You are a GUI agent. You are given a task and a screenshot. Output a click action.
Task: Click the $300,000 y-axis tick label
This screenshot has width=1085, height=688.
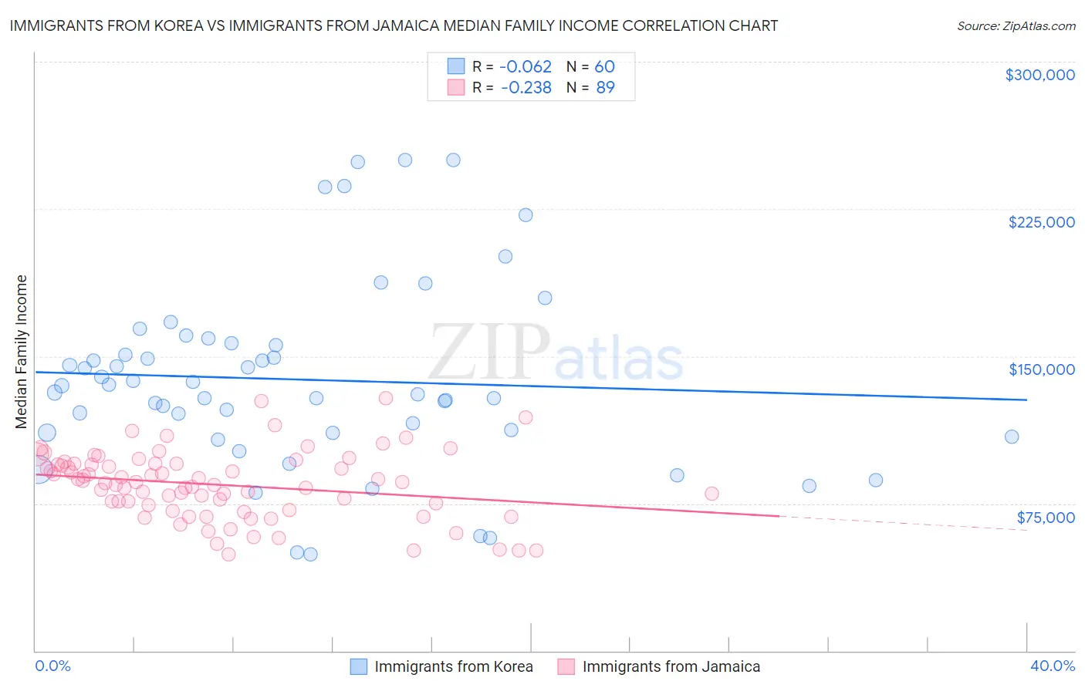pyautogui.click(x=1039, y=75)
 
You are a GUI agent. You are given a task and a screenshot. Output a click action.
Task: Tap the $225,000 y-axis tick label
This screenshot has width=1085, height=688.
pyautogui.click(x=1041, y=222)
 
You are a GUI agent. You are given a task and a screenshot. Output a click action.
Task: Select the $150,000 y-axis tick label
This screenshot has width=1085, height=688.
pyautogui.click(x=1041, y=369)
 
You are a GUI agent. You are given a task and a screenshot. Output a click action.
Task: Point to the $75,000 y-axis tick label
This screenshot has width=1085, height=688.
pyautogui.click(x=1046, y=518)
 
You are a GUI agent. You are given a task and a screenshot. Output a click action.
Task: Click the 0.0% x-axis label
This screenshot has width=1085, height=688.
pyautogui.click(x=52, y=666)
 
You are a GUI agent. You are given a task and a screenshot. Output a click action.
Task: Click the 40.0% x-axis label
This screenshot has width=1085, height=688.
pyautogui.click(x=1052, y=666)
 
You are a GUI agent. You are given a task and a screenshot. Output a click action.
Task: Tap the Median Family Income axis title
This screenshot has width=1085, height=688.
pyautogui.click(x=21, y=352)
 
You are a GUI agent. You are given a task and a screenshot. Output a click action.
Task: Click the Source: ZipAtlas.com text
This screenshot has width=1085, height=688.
pyautogui.click(x=1016, y=26)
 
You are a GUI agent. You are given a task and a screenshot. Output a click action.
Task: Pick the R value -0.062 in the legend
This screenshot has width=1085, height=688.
pyautogui.click(x=526, y=67)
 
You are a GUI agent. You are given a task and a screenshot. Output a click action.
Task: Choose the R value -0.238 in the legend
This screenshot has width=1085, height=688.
pyautogui.click(x=526, y=88)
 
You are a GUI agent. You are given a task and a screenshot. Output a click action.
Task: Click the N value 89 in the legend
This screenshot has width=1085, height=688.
pyautogui.click(x=605, y=88)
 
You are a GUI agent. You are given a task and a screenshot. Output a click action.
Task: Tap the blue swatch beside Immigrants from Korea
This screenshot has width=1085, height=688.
pyautogui.click(x=359, y=666)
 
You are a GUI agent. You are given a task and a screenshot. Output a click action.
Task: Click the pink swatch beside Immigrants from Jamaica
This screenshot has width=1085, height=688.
pyautogui.click(x=566, y=666)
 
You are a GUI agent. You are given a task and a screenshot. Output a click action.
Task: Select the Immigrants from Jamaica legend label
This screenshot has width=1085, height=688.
pyautogui.click(x=671, y=666)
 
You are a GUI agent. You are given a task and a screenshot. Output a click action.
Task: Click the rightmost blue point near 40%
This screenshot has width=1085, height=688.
pyautogui.click(x=1011, y=437)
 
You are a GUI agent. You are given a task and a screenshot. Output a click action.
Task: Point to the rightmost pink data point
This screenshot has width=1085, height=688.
pyautogui.click(x=712, y=494)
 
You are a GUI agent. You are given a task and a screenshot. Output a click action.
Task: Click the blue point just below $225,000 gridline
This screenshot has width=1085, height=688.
pyautogui.click(x=526, y=215)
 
